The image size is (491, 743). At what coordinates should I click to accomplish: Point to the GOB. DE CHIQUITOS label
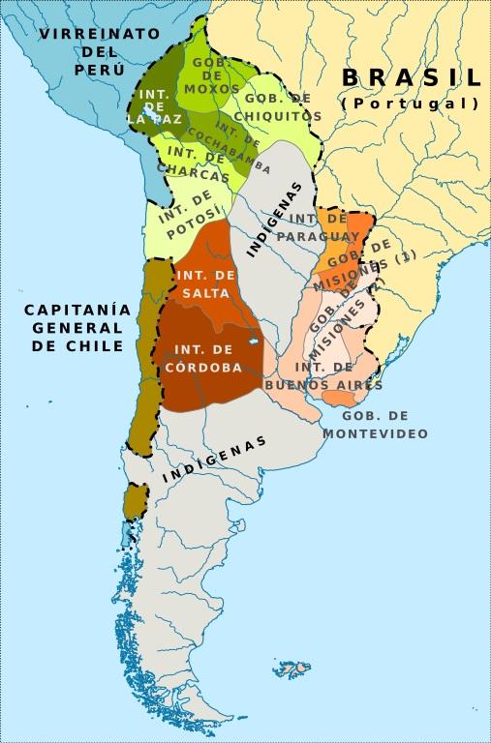(x=282, y=107)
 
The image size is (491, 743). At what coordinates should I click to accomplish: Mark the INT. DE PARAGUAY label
(x=318, y=227)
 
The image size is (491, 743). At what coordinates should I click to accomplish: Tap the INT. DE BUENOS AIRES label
(x=324, y=376)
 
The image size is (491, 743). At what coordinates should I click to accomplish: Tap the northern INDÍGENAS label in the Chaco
(x=274, y=219)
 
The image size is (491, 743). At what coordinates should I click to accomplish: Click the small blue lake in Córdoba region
(x=253, y=342)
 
